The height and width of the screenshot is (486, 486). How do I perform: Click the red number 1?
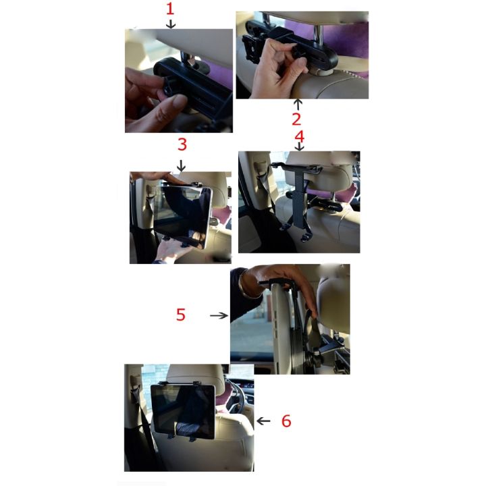coord(170,9)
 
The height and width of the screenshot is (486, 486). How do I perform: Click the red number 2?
coord(296,120)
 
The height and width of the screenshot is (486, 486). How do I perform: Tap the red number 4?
coord(300,136)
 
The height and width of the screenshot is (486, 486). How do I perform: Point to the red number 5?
coord(180,315)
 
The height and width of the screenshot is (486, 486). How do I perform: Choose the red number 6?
coord(286,421)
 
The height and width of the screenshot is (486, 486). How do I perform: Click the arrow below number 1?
coord(171,24)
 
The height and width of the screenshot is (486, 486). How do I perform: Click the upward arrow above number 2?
coord(296,104)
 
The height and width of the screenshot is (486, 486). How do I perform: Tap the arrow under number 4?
coord(300,146)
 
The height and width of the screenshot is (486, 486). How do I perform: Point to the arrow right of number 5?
coord(219,315)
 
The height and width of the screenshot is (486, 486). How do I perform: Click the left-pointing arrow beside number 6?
coord(263,421)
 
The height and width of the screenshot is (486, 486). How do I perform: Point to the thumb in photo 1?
coord(169,105)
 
